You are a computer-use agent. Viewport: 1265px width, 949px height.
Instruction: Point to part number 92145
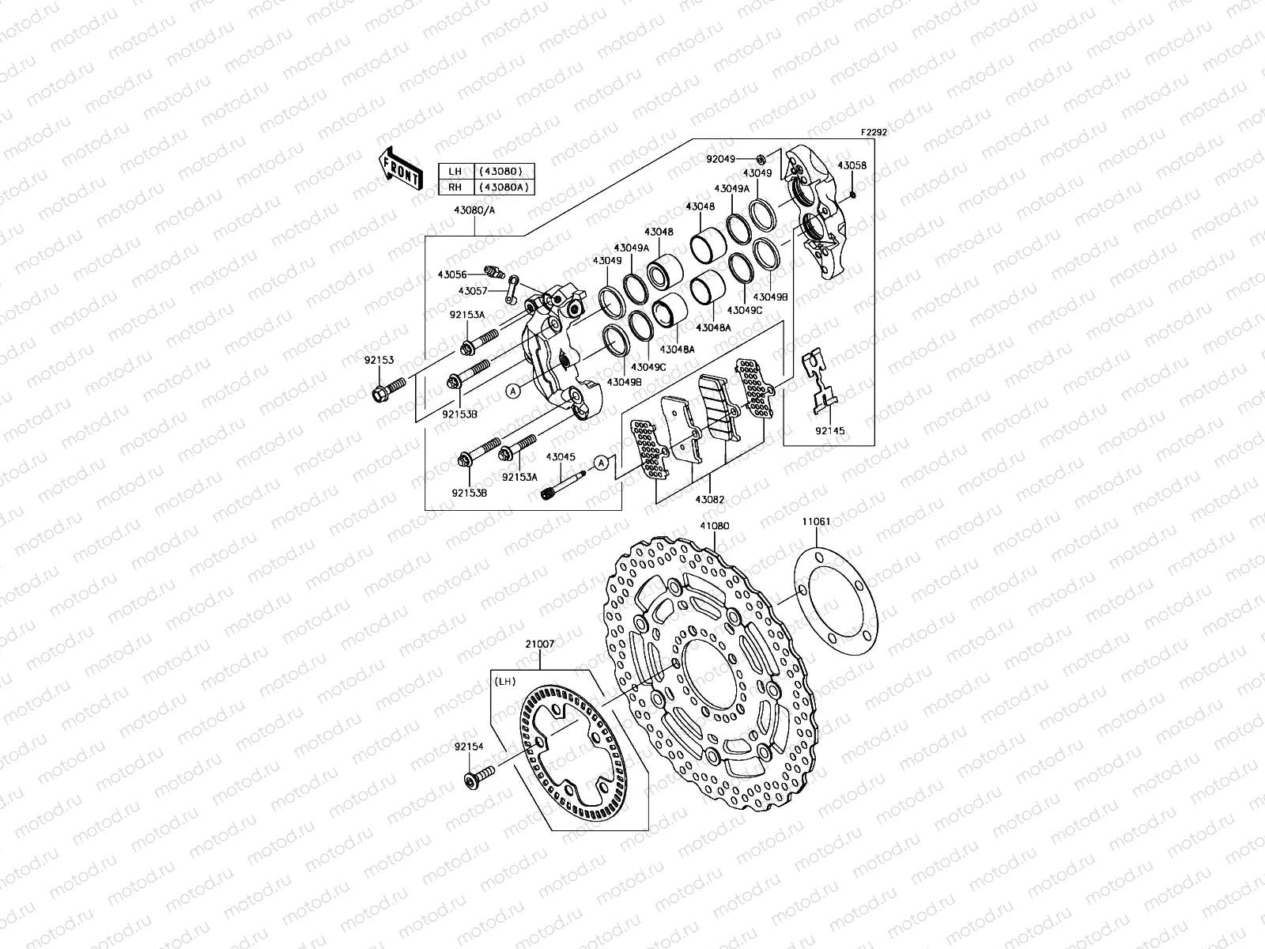830,431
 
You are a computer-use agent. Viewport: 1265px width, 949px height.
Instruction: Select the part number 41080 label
713,526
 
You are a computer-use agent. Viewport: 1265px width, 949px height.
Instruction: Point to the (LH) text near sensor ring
504,680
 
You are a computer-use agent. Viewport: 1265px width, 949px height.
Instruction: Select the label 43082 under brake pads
709,499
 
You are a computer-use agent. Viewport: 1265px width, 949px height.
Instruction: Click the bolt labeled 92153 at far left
387,388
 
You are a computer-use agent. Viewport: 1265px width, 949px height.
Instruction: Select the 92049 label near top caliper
720,159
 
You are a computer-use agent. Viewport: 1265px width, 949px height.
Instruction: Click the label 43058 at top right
852,165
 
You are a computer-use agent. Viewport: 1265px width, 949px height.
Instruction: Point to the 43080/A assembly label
474,211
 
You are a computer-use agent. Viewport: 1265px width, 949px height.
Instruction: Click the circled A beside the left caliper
512,391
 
